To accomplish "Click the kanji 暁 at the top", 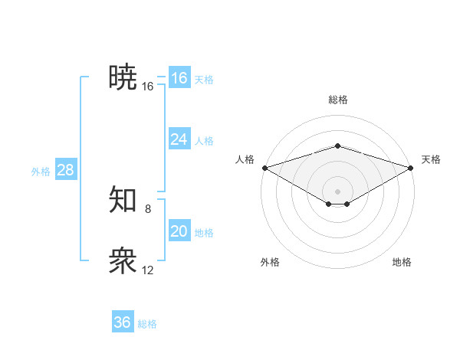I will tap(123, 77).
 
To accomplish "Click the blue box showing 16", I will tap(179, 78).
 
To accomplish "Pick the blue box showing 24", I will tap(179, 139).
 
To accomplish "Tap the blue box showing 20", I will tap(179, 231).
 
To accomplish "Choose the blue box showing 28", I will tap(65, 170).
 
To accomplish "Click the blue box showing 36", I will tap(123, 322).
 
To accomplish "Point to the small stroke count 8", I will tap(148, 208).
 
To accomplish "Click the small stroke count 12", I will tap(148, 270).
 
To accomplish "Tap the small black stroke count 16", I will tap(148, 87).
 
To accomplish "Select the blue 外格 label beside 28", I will tap(41, 172).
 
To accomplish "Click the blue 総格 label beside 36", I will tap(147, 324).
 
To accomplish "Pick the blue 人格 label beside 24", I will tap(204, 141).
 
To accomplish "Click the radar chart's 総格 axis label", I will tap(337, 100).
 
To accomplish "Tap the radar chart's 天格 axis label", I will tap(431, 159).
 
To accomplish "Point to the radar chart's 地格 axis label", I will tap(402, 262).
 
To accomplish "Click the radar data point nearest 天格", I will tap(411, 167).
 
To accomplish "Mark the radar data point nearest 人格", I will tap(264, 167).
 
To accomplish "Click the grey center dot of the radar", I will tap(337, 191).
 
